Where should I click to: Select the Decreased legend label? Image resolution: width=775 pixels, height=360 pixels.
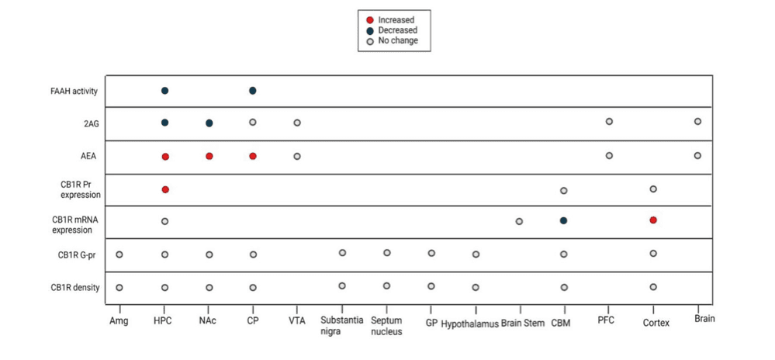[397, 30]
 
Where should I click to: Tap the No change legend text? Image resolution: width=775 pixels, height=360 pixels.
[398, 40]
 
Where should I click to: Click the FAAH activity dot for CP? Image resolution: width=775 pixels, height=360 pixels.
[253, 91]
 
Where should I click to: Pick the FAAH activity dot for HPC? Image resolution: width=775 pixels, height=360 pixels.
[164, 91]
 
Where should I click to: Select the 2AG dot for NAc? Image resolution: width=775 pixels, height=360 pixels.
[209, 123]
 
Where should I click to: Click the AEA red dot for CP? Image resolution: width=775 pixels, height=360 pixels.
[253, 156]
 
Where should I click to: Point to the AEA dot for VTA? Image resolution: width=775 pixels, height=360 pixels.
[297, 156]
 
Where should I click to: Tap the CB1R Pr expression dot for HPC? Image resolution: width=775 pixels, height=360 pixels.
[164, 189]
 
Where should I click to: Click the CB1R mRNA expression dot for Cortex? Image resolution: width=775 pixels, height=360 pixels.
[653, 220]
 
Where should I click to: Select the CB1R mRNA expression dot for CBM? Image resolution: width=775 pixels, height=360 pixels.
[564, 220]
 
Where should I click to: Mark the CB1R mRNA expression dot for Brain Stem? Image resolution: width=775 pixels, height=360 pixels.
[519, 221]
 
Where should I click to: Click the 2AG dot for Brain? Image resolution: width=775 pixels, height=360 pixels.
[697, 121]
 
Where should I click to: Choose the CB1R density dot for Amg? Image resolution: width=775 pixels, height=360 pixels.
[119, 287]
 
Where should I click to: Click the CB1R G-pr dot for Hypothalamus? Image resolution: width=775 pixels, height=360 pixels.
[476, 254]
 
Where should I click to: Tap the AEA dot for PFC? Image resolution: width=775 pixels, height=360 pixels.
[609, 155]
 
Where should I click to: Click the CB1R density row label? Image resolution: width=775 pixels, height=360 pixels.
[75, 287]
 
